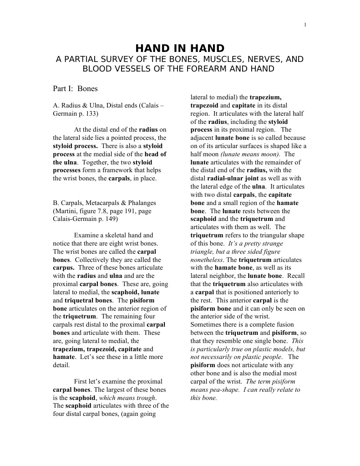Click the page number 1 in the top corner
(305, 25)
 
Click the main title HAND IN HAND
(180, 48)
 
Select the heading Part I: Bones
(75, 88)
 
